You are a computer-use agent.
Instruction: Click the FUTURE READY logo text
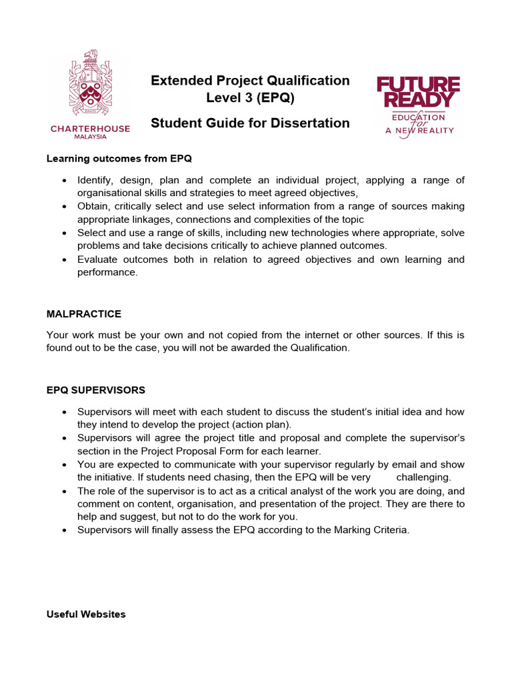coord(418,92)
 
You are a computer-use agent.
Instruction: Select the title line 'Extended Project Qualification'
coord(250,81)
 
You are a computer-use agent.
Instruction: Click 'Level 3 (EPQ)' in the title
coord(250,99)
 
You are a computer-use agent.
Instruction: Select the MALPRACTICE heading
coord(84,313)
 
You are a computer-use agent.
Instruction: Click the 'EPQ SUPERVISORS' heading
coord(96,390)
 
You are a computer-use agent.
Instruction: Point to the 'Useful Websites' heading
coord(86,614)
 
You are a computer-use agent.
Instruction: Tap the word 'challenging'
coord(423,478)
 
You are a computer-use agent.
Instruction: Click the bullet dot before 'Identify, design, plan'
coord(63,181)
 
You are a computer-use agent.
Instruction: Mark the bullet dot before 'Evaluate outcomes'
coord(63,259)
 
